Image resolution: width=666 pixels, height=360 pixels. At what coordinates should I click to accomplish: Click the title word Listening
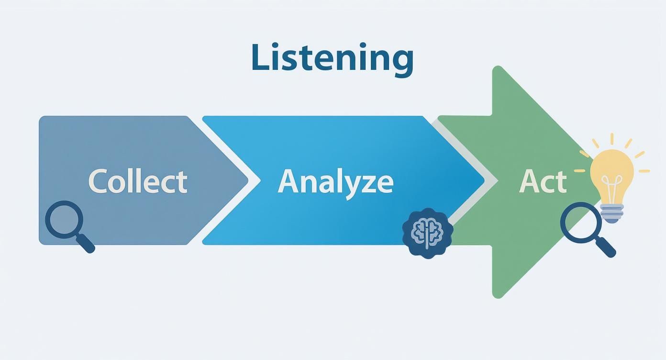(x=332, y=58)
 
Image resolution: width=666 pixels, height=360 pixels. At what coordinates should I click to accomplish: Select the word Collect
(x=138, y=181)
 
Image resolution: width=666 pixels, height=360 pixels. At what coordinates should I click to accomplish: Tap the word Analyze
(x=335, y=181)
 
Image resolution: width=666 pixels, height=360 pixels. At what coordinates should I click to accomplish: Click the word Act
(x=543, y=182)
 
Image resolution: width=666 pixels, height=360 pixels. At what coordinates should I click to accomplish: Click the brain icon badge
(x=427, y=232)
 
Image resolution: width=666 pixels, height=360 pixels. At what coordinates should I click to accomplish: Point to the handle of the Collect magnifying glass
(x=86, y=243)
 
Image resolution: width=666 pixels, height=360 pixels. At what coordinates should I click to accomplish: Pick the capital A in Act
(x=528, y=182)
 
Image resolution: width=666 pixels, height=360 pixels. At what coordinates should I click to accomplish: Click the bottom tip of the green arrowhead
(x=498, y=296)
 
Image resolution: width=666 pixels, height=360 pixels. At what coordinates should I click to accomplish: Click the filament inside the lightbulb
(x=612, y=184)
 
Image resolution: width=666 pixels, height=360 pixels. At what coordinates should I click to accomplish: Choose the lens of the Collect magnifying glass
(x=64, y=221)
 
